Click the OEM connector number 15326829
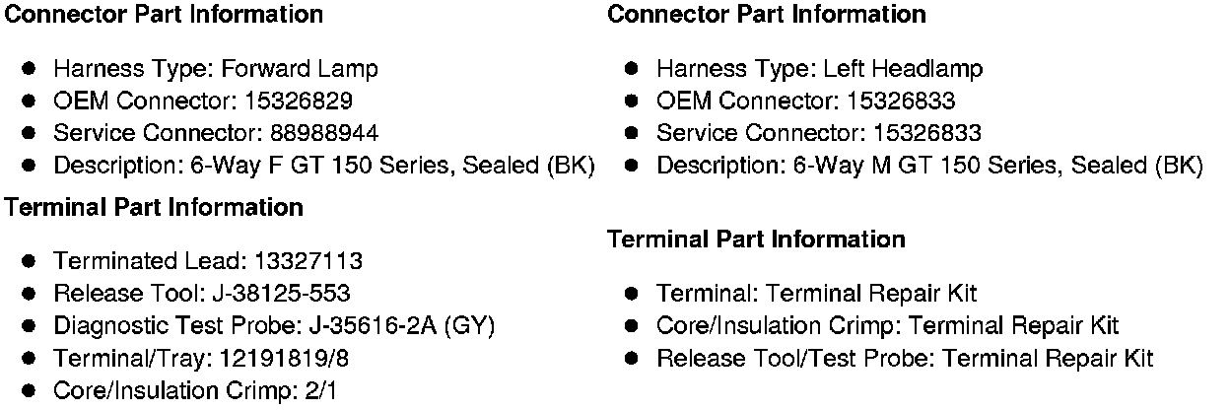[x=301, y=101]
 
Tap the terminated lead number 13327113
[x=308, y=261]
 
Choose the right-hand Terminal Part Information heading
[x=756, y=239]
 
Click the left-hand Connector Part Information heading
[x=164, y=14]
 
